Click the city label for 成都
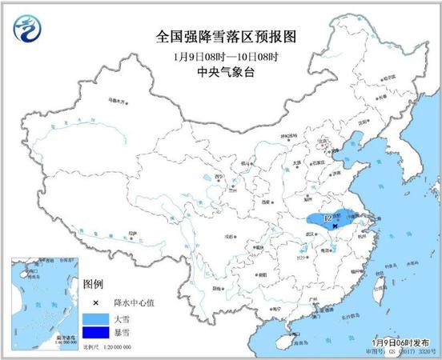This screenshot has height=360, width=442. point(233,237)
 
